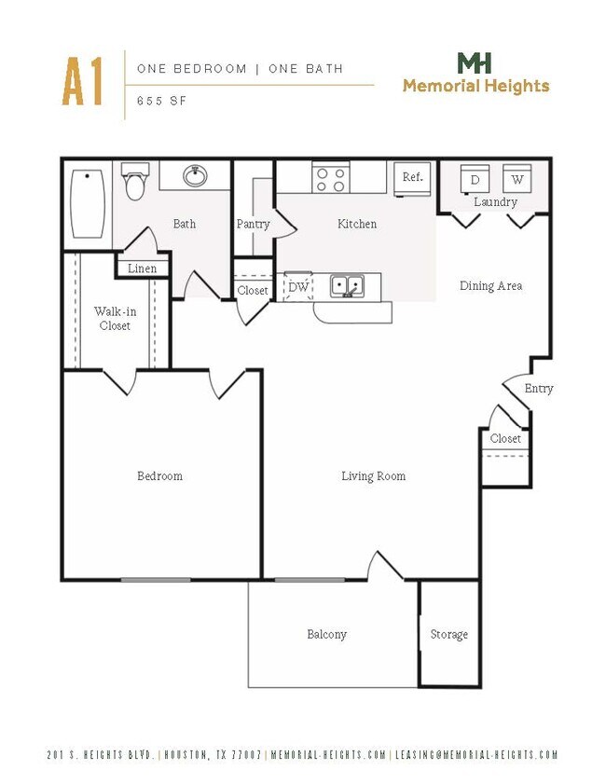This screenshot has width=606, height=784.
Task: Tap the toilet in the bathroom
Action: point(136,181)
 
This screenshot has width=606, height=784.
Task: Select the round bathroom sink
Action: point(195,175)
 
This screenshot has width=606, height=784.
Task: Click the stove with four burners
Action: point(330,177)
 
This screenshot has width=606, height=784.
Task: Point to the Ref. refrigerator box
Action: point(412,178)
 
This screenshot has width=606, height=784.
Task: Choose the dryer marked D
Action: point(475,179)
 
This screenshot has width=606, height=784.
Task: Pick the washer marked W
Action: point(516,179)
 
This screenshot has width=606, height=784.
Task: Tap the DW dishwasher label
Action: point(298,287)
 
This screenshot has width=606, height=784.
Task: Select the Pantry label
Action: point(253,224)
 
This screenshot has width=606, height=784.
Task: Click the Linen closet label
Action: point(142,268)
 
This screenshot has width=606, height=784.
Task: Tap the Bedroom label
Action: point(159,476)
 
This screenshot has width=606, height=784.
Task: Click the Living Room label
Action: point(373,476)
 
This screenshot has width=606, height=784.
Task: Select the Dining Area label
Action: point(490,286)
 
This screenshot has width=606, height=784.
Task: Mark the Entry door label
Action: point(538,389)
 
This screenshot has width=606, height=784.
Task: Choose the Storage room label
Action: point(448,635)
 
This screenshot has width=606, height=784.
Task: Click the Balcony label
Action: point(326,635)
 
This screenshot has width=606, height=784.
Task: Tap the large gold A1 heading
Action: point(82,82)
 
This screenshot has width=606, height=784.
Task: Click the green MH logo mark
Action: point(475,63)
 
